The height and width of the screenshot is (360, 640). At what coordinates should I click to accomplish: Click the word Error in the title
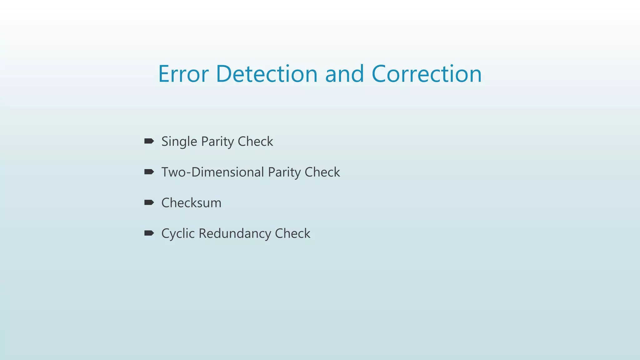point(183,74)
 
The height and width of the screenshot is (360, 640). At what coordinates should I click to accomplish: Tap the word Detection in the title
point(267,74)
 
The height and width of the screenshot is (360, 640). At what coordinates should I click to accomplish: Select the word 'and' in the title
point(344,74)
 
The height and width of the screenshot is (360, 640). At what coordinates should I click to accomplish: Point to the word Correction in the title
point(427,74)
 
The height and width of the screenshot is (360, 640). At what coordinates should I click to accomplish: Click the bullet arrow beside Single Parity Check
point(149,141)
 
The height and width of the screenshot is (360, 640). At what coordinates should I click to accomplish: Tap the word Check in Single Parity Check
point(255,141)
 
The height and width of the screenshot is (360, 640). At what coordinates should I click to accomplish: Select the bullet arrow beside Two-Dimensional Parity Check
point(149,172)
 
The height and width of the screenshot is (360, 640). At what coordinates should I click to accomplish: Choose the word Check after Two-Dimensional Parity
point(322,172)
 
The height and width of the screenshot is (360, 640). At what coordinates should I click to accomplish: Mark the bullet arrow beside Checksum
point(149,202)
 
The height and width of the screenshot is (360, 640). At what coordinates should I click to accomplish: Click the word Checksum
point(191,203)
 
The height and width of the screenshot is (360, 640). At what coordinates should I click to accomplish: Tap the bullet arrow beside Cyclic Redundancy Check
point(149,233)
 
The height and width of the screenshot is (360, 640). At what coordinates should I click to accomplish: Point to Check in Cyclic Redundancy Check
point(292,233)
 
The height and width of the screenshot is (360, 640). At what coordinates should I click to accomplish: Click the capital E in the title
point(164,74)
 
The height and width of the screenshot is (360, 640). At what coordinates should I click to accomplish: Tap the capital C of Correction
point(380,74)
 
